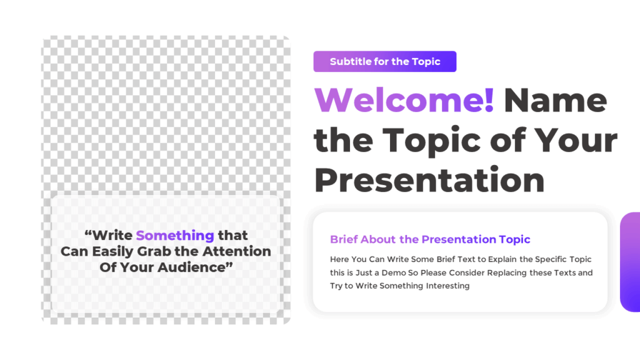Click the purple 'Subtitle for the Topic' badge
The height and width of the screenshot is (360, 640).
pos(384,61)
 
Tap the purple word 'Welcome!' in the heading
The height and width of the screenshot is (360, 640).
pos(404,100)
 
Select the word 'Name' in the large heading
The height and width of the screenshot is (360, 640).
pos(555,100)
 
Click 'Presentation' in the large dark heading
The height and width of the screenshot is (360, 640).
pos(429,179)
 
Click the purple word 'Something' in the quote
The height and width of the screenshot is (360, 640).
pos(175,236)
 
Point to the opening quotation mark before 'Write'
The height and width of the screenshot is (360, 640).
pos(88,234)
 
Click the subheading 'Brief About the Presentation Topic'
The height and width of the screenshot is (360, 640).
pos(430,239)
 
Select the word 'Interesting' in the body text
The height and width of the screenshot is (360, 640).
pos(447,286)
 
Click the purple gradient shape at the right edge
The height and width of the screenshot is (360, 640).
pos(630,262)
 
